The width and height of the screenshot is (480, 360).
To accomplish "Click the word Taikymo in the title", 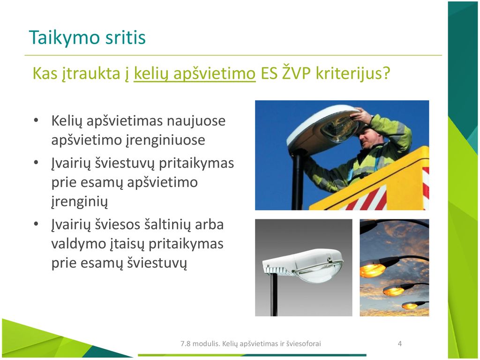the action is click(x=64, y=38).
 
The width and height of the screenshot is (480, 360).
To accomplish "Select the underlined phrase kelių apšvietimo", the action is click(x=195, y=74).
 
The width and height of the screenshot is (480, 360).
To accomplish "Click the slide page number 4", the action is click(x=399, y=344).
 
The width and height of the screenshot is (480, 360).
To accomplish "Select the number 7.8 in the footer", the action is click(x=186, y=344).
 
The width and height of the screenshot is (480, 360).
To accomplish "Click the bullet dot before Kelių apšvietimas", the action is click(x=36, y=120).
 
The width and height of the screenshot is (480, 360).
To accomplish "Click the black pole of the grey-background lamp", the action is click(x=274, y=294).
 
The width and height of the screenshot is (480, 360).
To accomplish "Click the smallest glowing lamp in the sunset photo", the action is click(x=410, y=306).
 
